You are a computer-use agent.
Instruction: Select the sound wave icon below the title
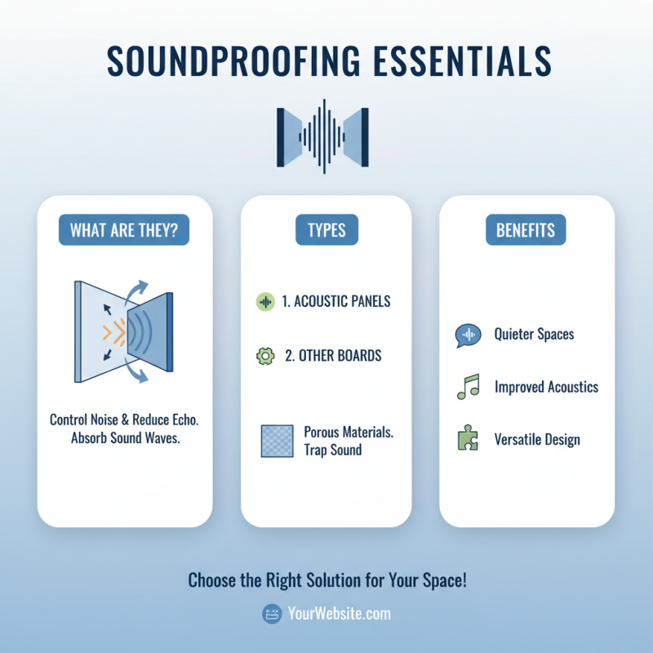coord(323,135)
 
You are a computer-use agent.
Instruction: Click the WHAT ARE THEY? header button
coord(124,230)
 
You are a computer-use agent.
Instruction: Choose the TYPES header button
coord(326,230)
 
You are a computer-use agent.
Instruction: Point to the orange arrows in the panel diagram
coord(113,331)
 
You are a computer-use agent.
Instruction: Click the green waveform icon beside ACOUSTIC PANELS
coord(264,301)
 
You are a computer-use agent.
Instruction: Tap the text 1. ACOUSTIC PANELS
coord(336,301)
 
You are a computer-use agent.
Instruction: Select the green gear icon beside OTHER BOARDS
coord(264,357)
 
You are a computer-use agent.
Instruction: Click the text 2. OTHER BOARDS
coord(333,357)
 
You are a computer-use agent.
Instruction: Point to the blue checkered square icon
coord(276,441)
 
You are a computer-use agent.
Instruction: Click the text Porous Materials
coord(349,432)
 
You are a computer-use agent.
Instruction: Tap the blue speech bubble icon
coord(467,335)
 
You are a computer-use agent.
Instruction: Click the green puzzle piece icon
coord(467,440)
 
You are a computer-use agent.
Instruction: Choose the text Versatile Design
coord(537,440)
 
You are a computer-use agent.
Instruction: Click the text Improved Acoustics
coord(546,387)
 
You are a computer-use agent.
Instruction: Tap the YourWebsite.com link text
coord(340,614)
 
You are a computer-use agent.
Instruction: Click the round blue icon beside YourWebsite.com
coord(272,614)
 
